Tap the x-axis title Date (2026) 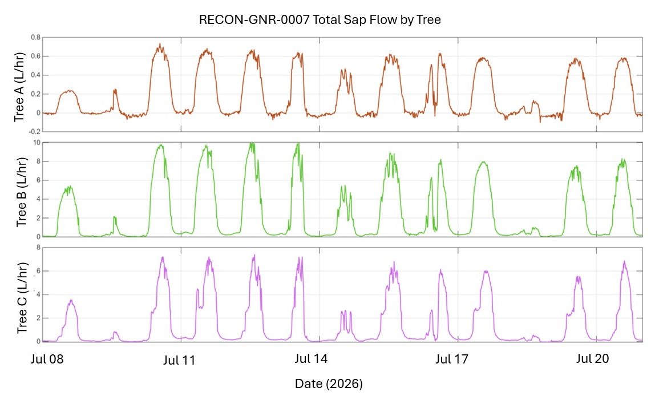[329, 383]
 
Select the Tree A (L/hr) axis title [19, 87]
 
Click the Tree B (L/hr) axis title [21, 192]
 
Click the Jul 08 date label [47, 359]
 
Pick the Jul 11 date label [180, 360]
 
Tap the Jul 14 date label [311, 358]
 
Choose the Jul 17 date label [452, 359]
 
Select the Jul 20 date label [592, 358]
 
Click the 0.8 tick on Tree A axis [35, 38]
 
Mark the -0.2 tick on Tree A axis [34, 131]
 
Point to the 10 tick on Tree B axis [37, 143]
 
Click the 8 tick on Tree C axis [38, 248]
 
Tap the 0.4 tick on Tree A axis [35, 75]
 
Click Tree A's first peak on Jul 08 [69, 90]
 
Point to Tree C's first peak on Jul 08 [71, 300]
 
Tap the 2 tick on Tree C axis [38, 318]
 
